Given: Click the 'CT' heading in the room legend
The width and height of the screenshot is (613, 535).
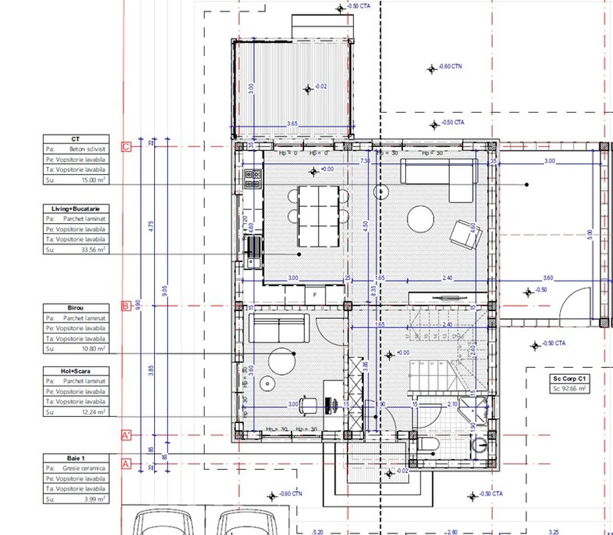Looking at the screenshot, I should (x=74, y=139).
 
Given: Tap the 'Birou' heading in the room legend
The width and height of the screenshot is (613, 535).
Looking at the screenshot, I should (x=74, y=307).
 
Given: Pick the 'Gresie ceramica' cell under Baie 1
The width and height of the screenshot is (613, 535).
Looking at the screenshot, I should (x=84, y=467).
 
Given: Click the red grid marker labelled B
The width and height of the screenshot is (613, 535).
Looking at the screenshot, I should (x=126, y=307).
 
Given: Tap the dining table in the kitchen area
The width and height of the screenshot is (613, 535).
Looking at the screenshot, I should (x=316, y=205).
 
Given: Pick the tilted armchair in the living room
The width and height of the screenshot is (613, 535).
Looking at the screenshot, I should (x=464, y=234).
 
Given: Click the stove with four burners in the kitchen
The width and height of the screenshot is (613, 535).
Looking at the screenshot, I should (x=252, y=178).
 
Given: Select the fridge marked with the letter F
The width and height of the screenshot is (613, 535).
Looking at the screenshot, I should (x=314, y=293).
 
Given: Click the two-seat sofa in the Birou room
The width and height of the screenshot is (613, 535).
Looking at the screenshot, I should (x=280, y=328).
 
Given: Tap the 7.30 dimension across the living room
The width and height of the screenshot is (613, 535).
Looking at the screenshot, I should (x=365, y=161).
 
